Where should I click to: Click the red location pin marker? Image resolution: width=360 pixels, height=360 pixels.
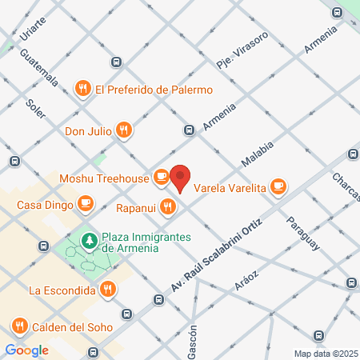(x=181, y=178)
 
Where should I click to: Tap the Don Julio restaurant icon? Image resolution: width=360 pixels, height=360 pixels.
(x=123, y=129)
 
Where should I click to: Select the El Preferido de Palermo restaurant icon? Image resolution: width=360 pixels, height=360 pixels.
(x=82, y=89)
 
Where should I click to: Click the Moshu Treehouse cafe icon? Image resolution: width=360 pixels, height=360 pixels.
(x=161, y=175)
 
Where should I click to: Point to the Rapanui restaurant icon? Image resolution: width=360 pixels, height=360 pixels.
(x=166, y=206)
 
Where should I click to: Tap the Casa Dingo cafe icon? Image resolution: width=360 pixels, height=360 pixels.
(x=84, y=203)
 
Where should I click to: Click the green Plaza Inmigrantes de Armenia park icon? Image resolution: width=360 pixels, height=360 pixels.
(x=90, y=240)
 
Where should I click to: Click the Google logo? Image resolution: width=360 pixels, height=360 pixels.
(x=26, y=350)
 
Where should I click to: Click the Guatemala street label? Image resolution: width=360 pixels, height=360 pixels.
(x=40, y=70)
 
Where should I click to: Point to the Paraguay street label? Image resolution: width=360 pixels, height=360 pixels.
(x=302, y=233)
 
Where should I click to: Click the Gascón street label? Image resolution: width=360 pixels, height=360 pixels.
(x=192, y=340)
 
